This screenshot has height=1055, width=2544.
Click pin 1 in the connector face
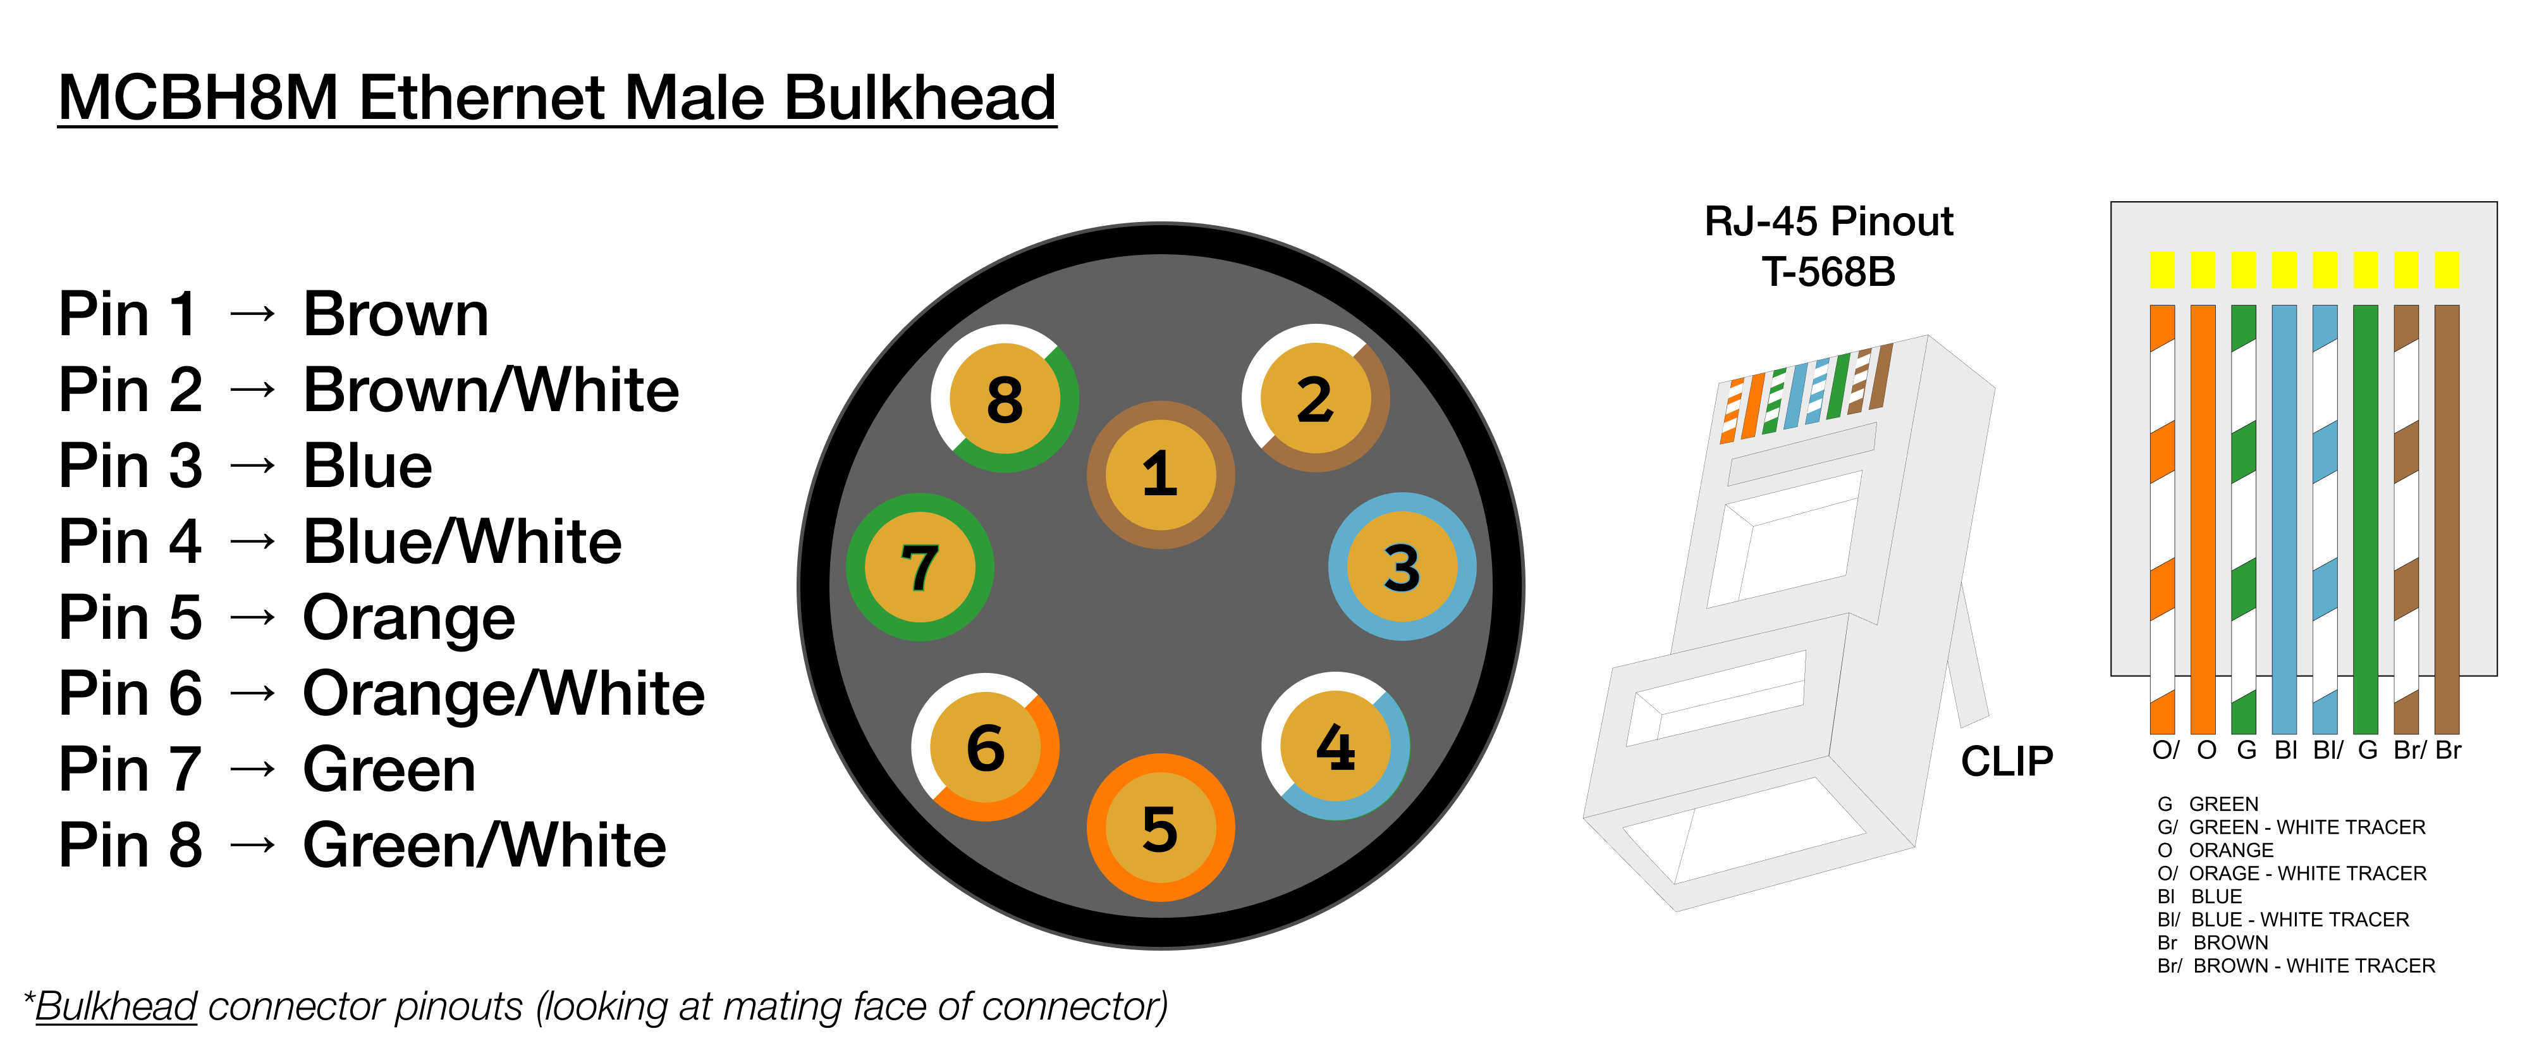(x=1160, y=474)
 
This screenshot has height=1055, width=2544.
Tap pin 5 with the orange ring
(x=1160, y=828)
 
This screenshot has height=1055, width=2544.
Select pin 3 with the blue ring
(x=1402, y=567)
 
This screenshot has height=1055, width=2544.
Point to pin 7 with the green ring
(x=919, y=567)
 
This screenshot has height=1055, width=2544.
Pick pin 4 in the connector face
(x=1335, y=747)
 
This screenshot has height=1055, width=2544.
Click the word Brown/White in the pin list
(x=491, y=390)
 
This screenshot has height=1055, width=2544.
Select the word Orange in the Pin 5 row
(x=409, y=619)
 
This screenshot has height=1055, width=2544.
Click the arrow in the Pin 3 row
(x=253, y=466)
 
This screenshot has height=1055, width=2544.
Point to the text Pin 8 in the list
(x=130, y=846)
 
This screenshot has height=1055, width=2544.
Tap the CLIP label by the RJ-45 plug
(x=2006, y=762)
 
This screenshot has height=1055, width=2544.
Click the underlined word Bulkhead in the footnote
(x=116, y=1006)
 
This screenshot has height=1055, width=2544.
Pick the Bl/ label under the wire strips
(x=2327, y=751)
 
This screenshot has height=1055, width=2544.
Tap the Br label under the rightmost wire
(x=2448, y=751)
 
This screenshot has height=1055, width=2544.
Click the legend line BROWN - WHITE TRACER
(x=2296, y=966)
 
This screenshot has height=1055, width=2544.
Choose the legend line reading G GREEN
(x=2208, y=804)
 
